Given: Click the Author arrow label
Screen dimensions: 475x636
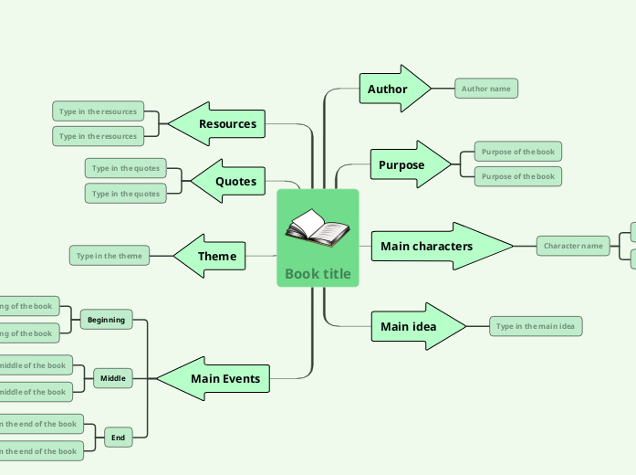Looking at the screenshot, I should coord(388,89).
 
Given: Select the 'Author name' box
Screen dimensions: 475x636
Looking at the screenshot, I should coord(486,89).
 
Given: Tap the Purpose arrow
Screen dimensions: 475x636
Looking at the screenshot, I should coord(403,165).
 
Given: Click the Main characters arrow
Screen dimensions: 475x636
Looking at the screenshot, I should coord(427,246).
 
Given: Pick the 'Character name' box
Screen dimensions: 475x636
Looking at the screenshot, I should coord(573,246).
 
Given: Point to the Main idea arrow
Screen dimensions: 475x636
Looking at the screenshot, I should coord(409,326).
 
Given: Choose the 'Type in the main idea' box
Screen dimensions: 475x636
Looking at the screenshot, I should coord(536,326).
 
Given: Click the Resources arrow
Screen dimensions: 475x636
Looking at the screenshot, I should coord(227,123).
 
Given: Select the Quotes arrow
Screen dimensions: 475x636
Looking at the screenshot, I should coord(235,181).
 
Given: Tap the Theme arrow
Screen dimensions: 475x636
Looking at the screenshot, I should coord(217,257).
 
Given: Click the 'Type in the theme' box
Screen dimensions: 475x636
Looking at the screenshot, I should coord(109,256).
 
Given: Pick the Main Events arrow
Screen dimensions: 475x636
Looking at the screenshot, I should coord(224,378).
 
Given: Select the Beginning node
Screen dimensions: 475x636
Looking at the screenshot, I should coord(106,320).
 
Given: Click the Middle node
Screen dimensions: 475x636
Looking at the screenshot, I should coord(113,377).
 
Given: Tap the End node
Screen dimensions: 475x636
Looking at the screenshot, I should coord(118,438).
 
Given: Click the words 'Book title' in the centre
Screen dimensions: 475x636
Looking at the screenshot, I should coord(318,273).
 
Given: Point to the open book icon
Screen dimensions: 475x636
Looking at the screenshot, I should coord(317,228).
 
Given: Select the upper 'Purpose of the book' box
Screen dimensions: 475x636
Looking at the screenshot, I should coord(517,152).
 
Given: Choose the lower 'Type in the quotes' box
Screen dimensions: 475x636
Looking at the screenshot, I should coord(126,194).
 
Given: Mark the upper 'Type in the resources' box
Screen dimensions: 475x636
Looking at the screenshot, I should coord(98,111).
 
